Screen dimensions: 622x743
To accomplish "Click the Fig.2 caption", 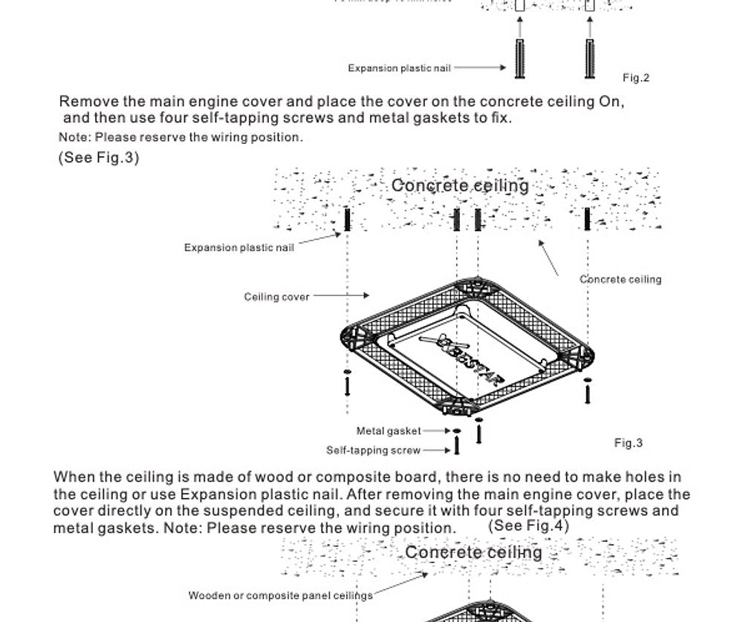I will point(635,78).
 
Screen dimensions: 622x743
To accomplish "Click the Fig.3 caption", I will point(628,443).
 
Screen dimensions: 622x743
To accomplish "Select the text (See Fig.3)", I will point(98,157).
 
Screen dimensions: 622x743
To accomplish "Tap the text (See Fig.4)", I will point(528,526).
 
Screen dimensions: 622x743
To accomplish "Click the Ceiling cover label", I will point(276,297).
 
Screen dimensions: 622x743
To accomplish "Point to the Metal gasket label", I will point(388,431).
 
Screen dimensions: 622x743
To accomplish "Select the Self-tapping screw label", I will point(373,450).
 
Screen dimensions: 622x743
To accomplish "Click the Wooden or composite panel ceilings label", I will point(280,595).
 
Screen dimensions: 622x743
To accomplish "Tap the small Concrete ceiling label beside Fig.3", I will point(620,279).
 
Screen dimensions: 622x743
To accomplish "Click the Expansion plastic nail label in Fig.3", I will point(239,247).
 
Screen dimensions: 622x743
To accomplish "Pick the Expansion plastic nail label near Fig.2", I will point(399,68).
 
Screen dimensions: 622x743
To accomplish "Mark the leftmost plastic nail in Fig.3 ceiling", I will point(347,220).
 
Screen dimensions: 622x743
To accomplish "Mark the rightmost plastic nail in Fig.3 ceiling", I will point(587,219).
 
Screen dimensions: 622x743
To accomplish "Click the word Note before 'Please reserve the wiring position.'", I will point(74,137).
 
